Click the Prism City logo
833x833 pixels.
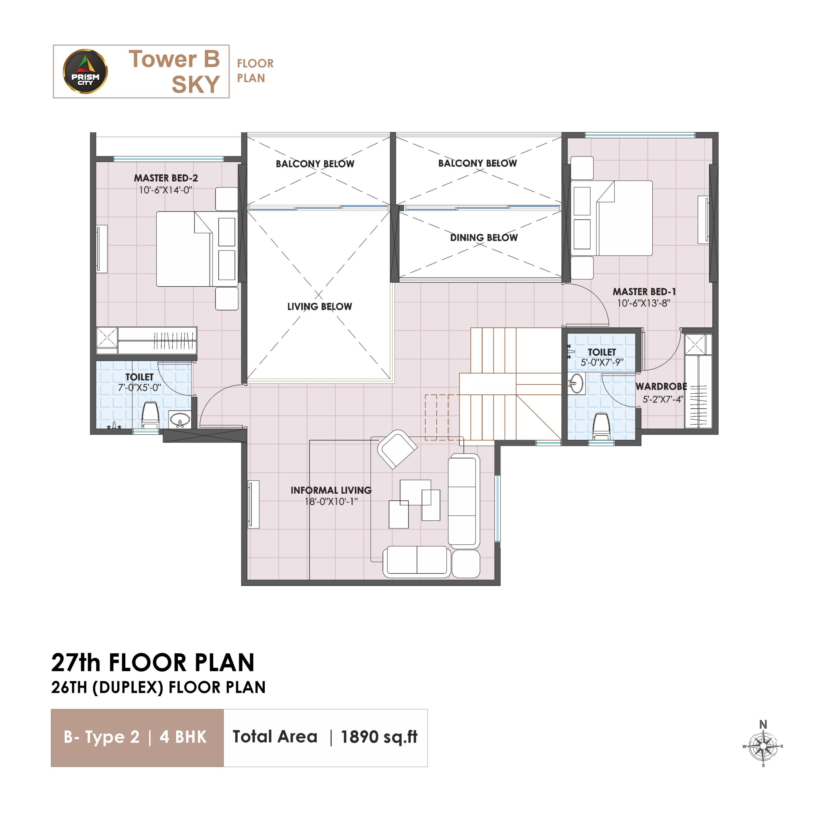click(x=85, y=71)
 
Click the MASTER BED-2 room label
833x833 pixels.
click(x=166, y=178)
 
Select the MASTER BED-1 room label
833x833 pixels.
click(x=645, y=292)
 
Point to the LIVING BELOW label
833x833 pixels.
click(x=320, y=307)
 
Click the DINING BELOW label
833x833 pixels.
click(x=484, y=238)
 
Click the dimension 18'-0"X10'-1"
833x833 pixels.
click(x=331, y=501)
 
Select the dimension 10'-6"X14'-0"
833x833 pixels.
click(x=166, y=190)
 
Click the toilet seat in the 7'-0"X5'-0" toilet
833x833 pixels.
click(x=150, y=415)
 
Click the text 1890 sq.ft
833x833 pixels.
click(x=379, y=737)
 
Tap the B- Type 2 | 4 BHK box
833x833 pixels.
click(x=137, y=737)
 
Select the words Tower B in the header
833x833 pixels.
click(x=174, y=59)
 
